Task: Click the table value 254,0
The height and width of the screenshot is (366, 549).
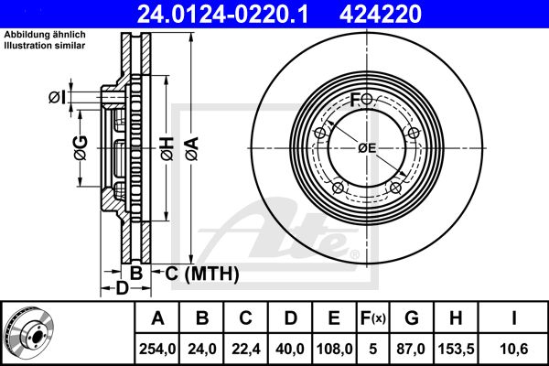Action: pyautogui.click(x=158, y=349)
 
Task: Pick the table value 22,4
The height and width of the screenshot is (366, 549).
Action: pyautogui.click(x=246, y=349)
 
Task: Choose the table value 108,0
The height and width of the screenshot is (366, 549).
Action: pyautogui.click(x=334, y=349)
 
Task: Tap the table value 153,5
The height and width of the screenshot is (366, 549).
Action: pyautogui.click(x=455, y=349)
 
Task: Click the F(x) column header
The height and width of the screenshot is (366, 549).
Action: pyautogui.click(x=374, y=318)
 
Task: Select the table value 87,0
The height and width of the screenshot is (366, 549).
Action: pyautogui.click(x=411, y=349)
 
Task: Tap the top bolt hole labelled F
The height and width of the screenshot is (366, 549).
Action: pyautogui.click(x=367, y=99)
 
